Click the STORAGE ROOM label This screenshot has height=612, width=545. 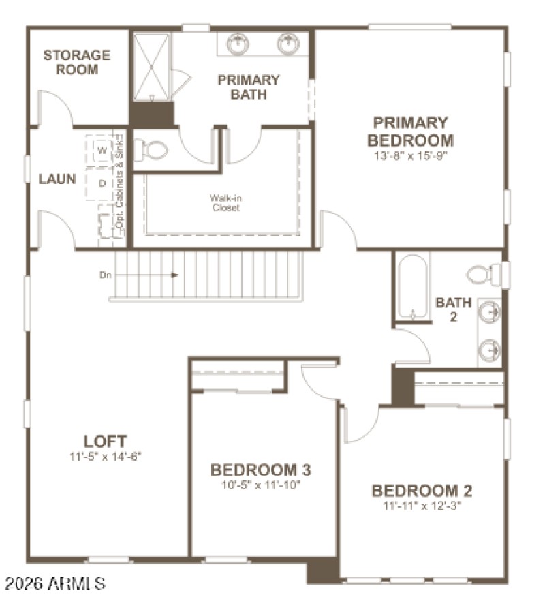[x=77, y=62]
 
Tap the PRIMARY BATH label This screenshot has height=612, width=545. [x=248, y=87]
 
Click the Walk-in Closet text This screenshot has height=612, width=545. [x=225, y=203]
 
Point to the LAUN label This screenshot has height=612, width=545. [x=57, y=180]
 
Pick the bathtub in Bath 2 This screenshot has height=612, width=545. [x=414, y=288]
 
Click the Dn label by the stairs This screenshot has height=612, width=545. [x=106, y=275]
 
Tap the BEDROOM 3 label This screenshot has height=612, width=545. [x=261, y=470]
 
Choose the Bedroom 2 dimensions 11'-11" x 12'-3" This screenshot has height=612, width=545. [x=422, y=506]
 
